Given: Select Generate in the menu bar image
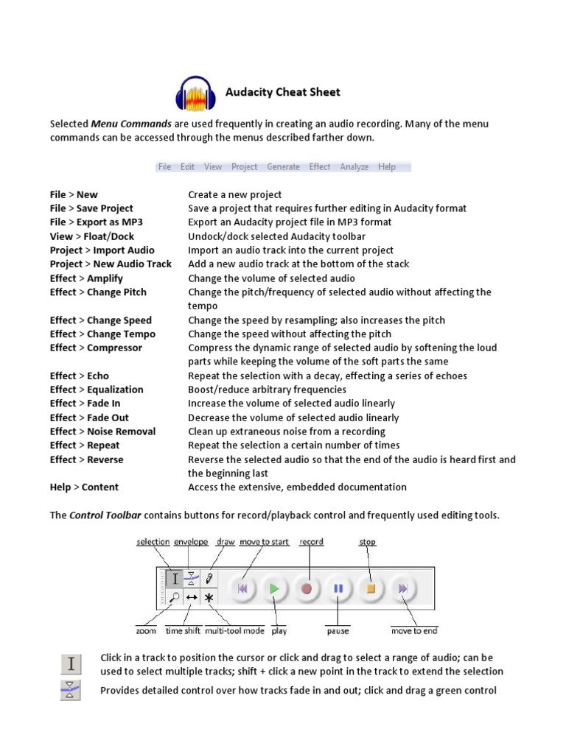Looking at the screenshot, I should tap(283, 167).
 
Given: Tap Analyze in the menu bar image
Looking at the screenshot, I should tap(354, 167).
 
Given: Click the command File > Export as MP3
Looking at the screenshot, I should tap(97, 222).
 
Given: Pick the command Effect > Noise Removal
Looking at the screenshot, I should tap(102, 431).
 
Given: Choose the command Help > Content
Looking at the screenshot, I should tap(84, 487).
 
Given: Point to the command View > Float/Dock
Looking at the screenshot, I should tap(92, 236).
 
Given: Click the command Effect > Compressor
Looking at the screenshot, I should tap(96, 348).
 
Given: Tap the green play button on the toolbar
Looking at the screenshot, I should tap(274, 589).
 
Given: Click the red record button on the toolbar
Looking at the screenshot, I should tap(307, 589).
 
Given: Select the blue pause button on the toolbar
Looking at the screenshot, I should tap(338, 589).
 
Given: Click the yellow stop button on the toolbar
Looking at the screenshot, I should tap(371, 589).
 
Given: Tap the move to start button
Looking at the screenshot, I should tap(242, 589).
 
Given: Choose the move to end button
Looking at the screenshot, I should tap(403, 589).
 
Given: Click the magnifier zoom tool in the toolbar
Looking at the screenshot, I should tap(175, 598).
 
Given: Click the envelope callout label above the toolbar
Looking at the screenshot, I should tap(191, 542).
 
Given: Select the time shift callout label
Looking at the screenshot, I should tap(184, 631).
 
